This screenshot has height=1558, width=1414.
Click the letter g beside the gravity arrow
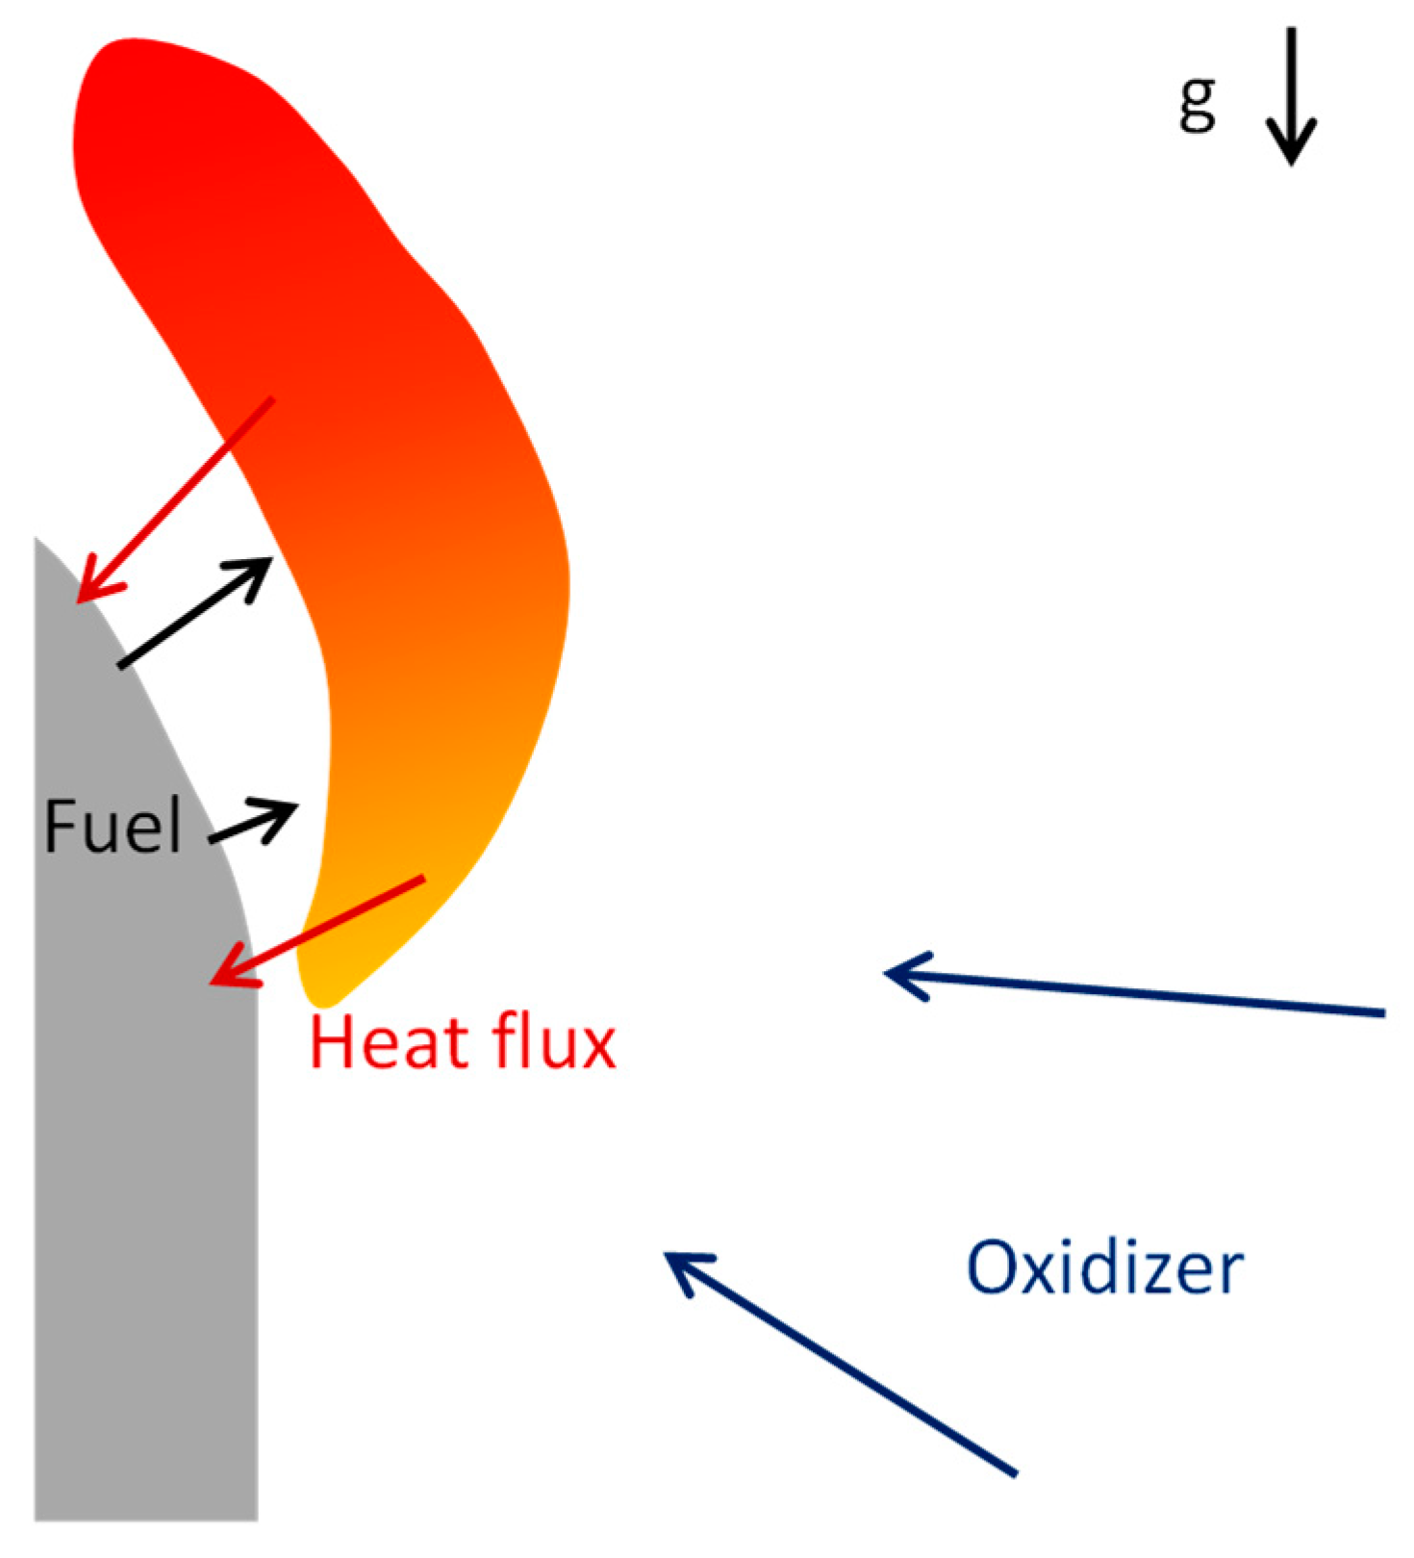click(x=1198, y=104)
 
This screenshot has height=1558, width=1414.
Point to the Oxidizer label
click(x=1104, y=1267)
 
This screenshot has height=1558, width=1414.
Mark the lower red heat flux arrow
click(x=317, y=930)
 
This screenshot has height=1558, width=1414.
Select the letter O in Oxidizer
click(x=995, y=1268)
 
